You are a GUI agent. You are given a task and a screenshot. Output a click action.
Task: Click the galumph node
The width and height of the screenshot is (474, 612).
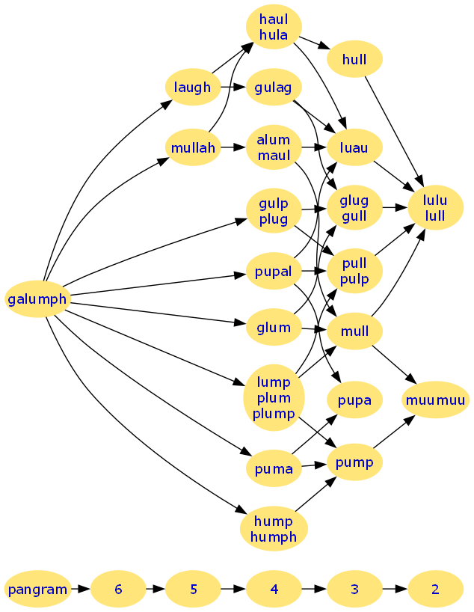(37, 299)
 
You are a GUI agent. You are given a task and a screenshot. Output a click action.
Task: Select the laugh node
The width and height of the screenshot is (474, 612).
(193, 87)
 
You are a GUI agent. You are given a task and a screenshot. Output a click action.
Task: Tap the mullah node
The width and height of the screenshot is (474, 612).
(193, 147)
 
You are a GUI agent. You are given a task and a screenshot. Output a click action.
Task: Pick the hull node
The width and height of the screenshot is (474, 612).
(354, 59)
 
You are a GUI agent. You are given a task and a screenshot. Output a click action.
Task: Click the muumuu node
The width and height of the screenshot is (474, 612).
(435, 400)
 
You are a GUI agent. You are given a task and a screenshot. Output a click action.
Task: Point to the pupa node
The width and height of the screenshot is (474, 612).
(354, 400)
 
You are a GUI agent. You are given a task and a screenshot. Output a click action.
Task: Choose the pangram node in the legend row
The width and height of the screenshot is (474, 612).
(37, 589)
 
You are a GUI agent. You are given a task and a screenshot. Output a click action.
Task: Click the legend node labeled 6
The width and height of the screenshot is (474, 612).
(118, 589)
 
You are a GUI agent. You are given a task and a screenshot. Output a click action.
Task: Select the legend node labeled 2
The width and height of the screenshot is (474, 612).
(435, 589)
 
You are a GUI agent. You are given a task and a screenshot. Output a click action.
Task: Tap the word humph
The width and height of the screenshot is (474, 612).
(274, 536)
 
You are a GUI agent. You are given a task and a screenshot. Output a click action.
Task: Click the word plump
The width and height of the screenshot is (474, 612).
(274, 413)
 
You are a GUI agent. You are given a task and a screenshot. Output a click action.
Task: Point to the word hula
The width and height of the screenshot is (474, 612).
(274, 34)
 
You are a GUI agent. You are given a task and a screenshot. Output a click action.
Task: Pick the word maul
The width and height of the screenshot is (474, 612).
(274, 156)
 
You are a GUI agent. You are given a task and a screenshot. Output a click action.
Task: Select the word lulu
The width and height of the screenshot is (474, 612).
(435, 200)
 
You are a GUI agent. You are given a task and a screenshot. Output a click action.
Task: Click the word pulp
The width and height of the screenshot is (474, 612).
(354, 279)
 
